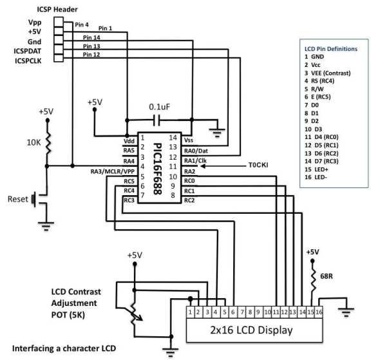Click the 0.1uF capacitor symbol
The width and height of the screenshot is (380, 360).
(x=157, y=120)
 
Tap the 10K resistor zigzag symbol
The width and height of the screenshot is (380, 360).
(x=48, y=143)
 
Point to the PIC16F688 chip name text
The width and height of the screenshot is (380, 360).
(x=158, y=169)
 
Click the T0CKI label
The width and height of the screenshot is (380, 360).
(x=258, y=166)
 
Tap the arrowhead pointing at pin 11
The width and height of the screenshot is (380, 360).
(x=203, y=166)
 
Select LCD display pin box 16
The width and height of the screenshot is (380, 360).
(x=319, y=312)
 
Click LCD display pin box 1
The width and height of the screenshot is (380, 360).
(x=190, y=312)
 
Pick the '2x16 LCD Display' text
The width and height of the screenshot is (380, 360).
(x=251, y=330)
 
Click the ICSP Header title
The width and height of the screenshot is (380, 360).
(x=57, y=10)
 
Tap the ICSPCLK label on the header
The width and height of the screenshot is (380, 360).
(x=28, y=61)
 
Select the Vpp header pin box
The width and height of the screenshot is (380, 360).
(x=59, y=22)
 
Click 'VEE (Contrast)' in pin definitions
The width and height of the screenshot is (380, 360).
(x=331, y=73)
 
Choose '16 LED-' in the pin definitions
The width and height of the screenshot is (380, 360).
(x=316, y=177)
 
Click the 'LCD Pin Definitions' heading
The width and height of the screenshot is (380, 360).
(x=331, y=49)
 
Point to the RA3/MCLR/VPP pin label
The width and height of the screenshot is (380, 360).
(x=113, y=171)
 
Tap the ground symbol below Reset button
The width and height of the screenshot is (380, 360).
(x=46, y=226)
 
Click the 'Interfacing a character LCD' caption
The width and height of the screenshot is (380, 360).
(x=64, y=348)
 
